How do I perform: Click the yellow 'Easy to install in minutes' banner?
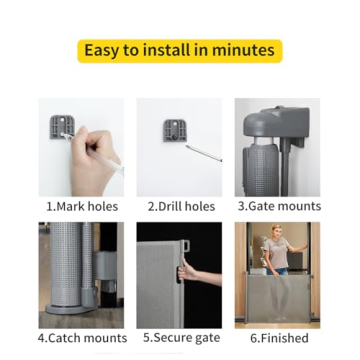(180, 50)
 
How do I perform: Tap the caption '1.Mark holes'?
(82, 206)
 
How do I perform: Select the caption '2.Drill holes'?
(181, 206)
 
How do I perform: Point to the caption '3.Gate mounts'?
(279, 206)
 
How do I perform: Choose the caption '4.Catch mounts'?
(82, 338)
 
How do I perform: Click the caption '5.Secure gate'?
(181, 338)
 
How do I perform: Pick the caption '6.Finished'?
(279, 338)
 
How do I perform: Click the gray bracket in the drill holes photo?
(175, 129)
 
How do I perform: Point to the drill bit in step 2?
(204, 153)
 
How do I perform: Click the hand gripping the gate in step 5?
(188, 272)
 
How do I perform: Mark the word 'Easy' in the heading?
(102, 50)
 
